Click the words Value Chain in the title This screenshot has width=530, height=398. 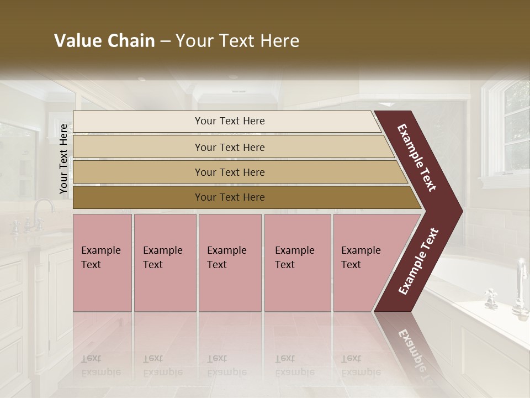click(104, 41)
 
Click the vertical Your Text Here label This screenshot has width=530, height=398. click(63, 159)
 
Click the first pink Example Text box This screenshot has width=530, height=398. click(102, 263)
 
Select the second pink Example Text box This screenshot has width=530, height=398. click(165, 263)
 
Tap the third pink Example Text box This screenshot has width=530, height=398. click(230, 263)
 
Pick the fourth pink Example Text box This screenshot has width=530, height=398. click(297, 263)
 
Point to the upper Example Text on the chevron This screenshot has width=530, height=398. click(417, 158)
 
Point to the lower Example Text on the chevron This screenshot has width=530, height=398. click(418, 261)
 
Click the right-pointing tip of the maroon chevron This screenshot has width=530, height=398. click(459, 211)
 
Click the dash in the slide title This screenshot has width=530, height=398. click(165, 41)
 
